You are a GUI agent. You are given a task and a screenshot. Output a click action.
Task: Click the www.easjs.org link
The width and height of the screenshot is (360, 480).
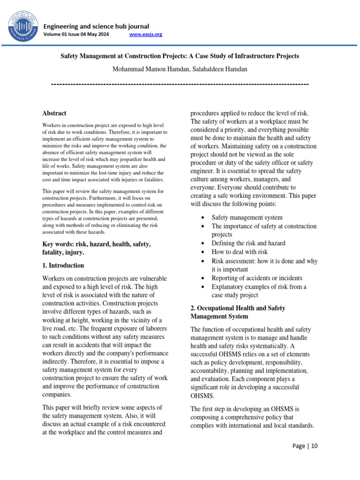pyautogui.click(x=145, y=35)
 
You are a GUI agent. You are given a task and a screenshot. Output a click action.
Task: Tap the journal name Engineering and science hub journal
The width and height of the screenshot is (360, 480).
pyautogui.click(x=96, y=26)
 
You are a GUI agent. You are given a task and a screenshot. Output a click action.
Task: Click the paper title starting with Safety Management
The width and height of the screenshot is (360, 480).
pyautogui.click(x=180, y=56)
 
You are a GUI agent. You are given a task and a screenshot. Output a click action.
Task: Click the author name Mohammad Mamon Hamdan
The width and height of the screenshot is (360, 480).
pyautogui.click(x=147, y=69)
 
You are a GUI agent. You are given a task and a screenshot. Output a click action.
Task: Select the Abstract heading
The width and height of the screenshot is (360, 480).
pyautogui.click(x=54, y=113)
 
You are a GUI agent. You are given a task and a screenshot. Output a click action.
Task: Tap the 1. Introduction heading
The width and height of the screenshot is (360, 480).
pyautogui.click(x=63, y=266)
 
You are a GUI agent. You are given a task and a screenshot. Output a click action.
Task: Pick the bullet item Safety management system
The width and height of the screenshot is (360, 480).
pyautogui.click(x=247, y=217)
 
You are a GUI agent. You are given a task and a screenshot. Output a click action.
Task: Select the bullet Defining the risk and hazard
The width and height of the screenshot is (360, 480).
pyautogui.click(x=248, y=243)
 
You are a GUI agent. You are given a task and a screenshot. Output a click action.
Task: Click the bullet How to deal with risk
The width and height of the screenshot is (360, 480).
pyautogui.click(x=239, y=252)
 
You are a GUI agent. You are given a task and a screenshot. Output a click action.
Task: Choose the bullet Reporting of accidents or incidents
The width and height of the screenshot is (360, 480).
pyautogui.click(x=257, y=278)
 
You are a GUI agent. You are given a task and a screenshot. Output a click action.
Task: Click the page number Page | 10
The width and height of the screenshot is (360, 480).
pyautogui.click(x=305, y=446)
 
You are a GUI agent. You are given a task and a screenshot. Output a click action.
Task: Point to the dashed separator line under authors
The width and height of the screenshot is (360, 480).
pyautogui.click(x=180, y=84)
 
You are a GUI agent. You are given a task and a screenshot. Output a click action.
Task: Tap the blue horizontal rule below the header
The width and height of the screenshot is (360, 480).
pyautogui.click(x=180, y=45)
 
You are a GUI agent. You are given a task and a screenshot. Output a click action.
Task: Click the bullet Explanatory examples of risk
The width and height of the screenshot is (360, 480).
pyautogui.click(x=259, y=286)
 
